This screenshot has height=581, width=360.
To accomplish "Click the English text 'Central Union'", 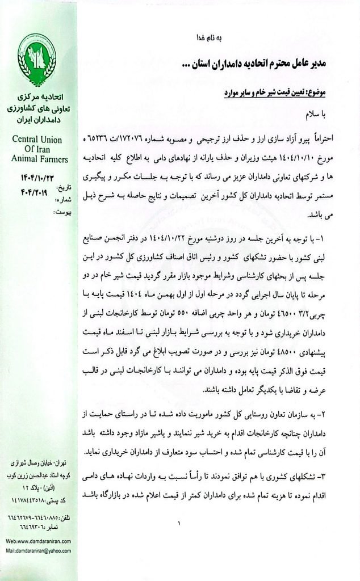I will [37, 140].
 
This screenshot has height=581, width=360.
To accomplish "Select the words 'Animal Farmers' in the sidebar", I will [39, 159].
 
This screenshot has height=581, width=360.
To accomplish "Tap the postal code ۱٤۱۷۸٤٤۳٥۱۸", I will [35, 500].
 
